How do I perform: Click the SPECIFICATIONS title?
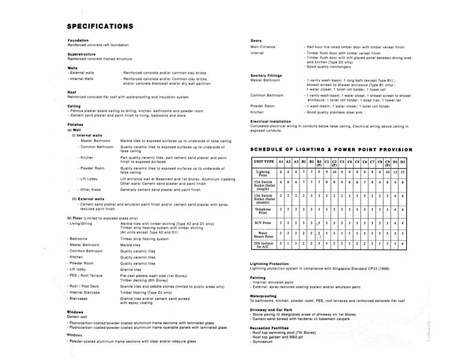pos(100,27)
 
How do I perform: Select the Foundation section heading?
pos(78,40)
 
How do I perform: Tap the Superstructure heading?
pos(81,54)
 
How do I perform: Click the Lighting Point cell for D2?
pos(402,172)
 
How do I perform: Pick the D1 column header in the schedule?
pos(395,162)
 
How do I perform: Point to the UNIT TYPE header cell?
pos(264,162)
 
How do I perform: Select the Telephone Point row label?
pos(263,211)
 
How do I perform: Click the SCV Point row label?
pos(263,222)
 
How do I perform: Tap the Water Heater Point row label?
pos(263,234)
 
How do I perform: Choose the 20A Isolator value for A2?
pos(288,245)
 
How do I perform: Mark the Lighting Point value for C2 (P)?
pos(334,172)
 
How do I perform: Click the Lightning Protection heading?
pos(269,264)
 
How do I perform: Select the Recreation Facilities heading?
pos(270,327)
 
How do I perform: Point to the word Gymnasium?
pos(263,341)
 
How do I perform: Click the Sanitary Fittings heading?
pos(266,75)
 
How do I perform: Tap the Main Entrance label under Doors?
pos(263,47)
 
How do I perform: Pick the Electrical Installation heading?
pos(270,122)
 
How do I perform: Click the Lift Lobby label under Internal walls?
pos(89,179)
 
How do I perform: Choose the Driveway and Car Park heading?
pos(272,310)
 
